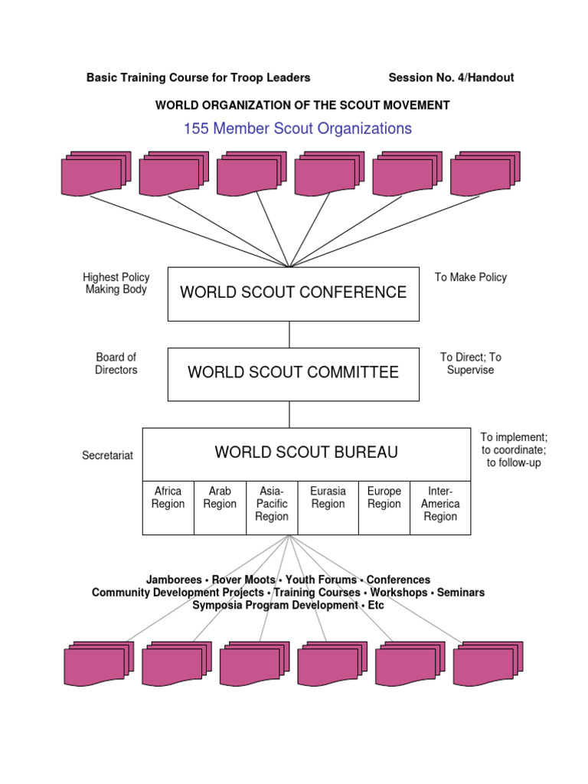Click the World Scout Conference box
click(x=293, y=293)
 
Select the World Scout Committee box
click(x=293, y=374)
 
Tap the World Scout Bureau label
click(x=306, y=452)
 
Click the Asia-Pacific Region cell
click(x=272, y=504)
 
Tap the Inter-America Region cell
click(x=440, y=504)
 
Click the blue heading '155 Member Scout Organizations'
click(x=297, y=129)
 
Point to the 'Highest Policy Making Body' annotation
click(x=116, y=283)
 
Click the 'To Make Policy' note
click(x=471, y=277)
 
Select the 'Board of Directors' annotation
click(x=116, y=364)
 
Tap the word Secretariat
click(x=107, y=456)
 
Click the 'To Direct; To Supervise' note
click(x=471, y=364)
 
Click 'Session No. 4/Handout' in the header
click(x=451, y=77)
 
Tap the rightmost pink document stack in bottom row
click(x=488, y=663)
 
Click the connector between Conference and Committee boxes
click(x=290, y=335)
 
